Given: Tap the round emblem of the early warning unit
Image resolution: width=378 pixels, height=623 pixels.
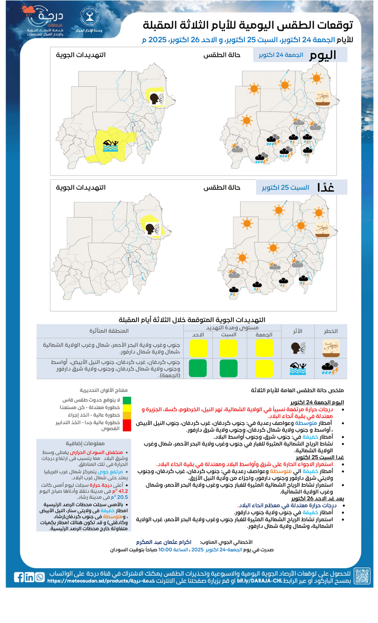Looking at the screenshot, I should [88, 18].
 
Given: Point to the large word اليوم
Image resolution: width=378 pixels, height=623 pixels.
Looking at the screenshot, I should [323, 55].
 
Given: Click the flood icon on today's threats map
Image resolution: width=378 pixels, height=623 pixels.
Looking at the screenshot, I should [112, 144].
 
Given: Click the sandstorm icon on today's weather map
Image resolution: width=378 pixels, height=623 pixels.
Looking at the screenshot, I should [323, 97].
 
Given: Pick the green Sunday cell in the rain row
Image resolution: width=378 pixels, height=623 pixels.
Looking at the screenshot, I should [198, 368].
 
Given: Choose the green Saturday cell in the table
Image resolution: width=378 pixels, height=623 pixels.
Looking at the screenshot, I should [229, 368].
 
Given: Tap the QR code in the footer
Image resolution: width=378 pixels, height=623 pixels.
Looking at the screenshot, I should [361, 576].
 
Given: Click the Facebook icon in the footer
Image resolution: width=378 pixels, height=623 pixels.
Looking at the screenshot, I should [19, 577].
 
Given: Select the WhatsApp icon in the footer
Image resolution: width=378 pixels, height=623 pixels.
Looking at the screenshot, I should [40, 577].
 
